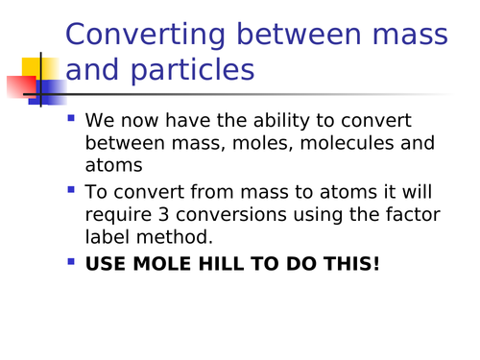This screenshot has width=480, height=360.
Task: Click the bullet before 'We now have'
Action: [71, 120]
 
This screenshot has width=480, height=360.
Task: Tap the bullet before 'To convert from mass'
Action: [71, 188]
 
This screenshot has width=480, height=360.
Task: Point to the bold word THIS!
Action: [350, 260]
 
